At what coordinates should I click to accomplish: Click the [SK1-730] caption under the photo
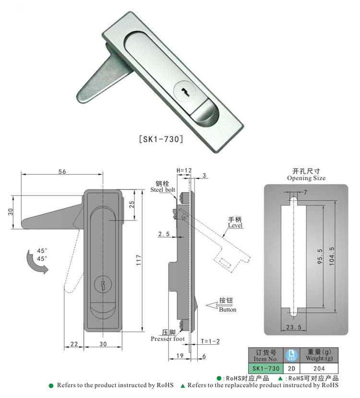click(161, 140)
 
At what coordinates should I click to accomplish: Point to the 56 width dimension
click(62, 171)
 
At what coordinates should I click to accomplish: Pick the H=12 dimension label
click(184, 170)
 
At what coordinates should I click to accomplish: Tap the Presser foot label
click(168, 336)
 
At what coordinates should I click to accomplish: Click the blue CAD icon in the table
click(291, 355)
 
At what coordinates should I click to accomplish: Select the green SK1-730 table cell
click(264, 368)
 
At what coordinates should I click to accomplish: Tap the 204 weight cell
click(319, 368)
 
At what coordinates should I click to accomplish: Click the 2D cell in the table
click(291, 368)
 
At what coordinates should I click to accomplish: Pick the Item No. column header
click(264, 355)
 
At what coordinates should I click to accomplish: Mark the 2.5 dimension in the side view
click(164, 234)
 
